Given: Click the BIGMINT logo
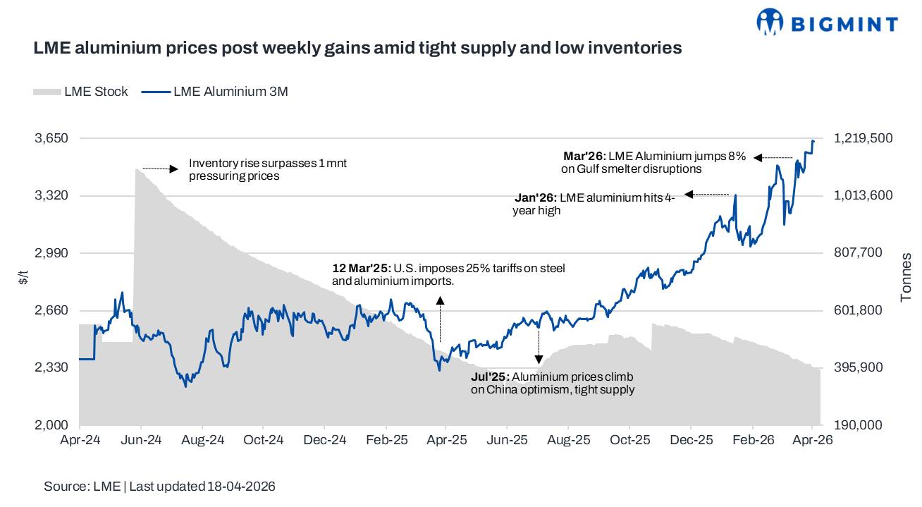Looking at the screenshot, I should [x=826, y=23].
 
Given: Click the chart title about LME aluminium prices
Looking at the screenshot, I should [x=357, y=48].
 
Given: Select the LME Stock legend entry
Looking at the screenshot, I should [x=80, y=91].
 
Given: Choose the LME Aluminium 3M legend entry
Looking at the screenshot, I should [x=215, y=91].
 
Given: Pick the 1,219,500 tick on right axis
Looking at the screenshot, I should [x=863, y=138].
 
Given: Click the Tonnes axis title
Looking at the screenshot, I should [x=906, y=277].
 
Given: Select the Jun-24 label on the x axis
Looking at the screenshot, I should [x=141, y=440].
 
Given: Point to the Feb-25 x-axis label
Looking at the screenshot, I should [x=386, y=440].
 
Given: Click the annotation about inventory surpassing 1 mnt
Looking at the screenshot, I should [x=267, y=170].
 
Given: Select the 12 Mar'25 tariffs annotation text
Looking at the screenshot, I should [x=448, y=274].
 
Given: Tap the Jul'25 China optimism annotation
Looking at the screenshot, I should [x=552, y=383].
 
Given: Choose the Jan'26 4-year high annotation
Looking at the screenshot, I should [x=594, y=204].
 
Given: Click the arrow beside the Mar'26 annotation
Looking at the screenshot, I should [x=773, y=157].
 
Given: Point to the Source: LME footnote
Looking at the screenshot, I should [x=159, y=487].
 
